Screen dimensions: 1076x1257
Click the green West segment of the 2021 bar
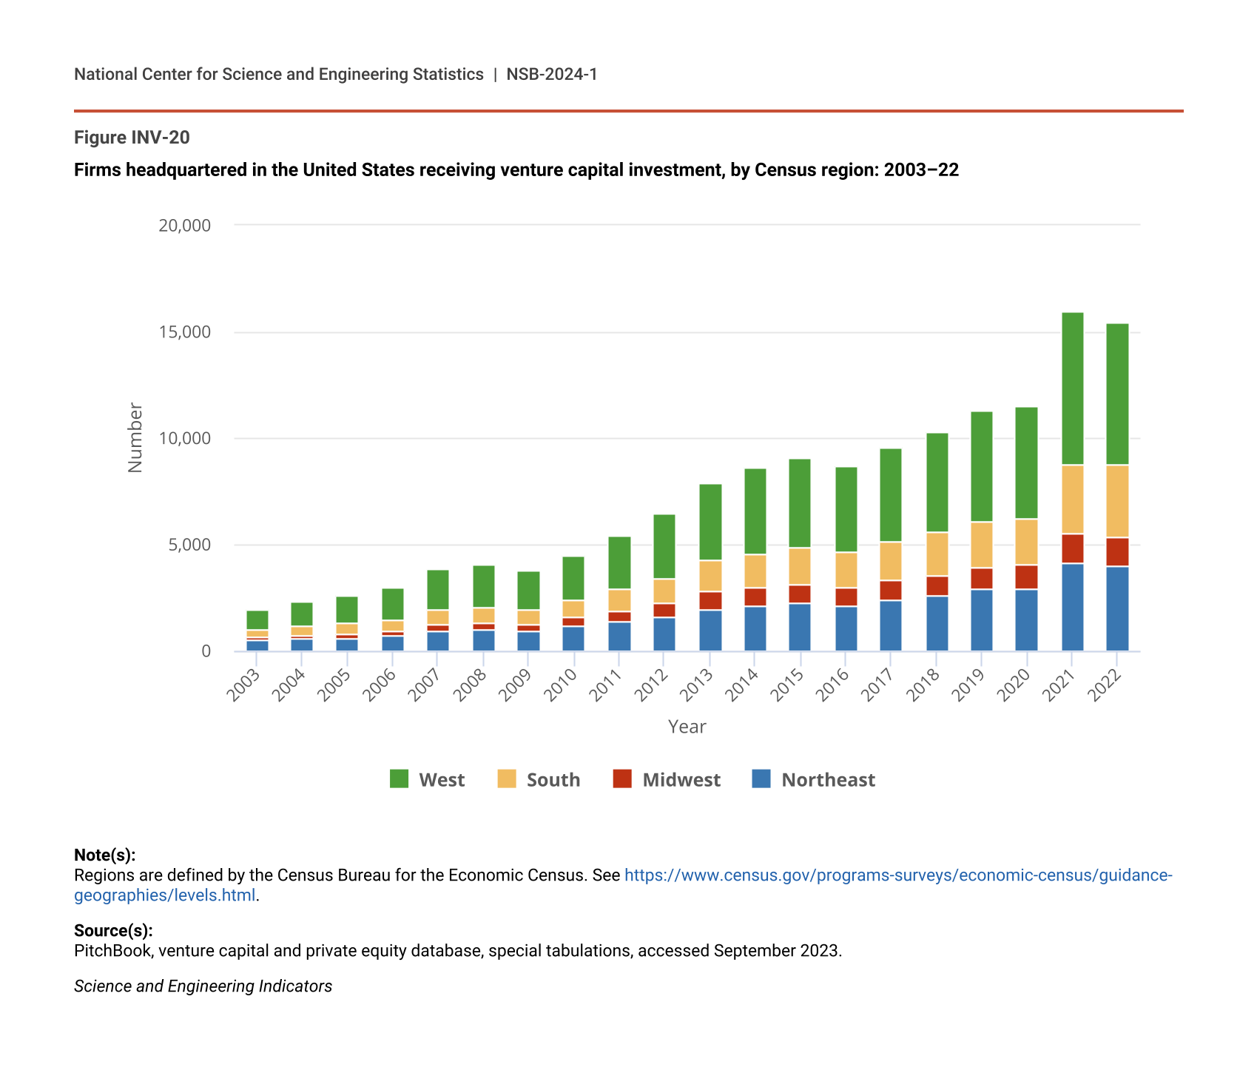(1072, 389)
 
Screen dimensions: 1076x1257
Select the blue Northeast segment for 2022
(1117, 608)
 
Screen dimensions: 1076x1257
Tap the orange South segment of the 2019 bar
(981, 545)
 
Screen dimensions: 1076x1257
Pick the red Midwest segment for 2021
(1072, 548)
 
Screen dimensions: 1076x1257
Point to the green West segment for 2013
(710, 522)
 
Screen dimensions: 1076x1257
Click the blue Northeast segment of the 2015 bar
(799, 627)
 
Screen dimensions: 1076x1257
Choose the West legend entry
(427, 779)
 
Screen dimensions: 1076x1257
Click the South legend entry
(539, 779)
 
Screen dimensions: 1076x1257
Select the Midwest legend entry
(667, 779)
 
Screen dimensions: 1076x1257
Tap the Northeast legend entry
(813, 779)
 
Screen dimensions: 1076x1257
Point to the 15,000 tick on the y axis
(184, 332)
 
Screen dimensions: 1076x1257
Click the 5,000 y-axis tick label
(189, 545)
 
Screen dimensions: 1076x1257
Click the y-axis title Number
(135, 437)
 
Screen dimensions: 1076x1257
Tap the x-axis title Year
(687, 727)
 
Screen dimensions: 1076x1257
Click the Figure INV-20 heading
(132, 138)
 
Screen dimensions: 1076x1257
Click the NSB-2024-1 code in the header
(551, 74)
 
